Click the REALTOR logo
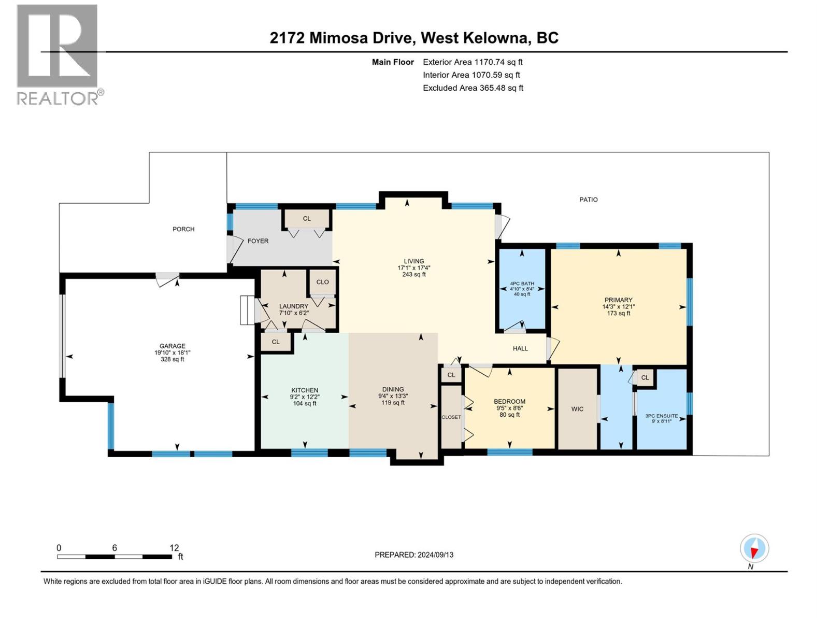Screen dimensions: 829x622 61,55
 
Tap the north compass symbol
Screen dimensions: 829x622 754,548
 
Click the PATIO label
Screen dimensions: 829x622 589,200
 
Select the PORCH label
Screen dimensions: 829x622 183,229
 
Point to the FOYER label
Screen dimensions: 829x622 258,241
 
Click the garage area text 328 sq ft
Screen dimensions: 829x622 172,359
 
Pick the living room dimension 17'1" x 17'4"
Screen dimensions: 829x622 414,268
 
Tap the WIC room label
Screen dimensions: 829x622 577,409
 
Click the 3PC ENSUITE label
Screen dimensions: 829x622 661,416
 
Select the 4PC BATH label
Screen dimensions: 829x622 522,284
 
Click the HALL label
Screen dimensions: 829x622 520,348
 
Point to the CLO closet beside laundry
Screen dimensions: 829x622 322,282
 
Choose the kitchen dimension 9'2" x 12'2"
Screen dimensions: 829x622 305,397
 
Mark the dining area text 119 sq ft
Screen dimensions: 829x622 393,403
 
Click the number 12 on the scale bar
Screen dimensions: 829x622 174,548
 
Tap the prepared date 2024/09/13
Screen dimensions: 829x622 435,555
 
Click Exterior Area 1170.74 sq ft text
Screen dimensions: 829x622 473,62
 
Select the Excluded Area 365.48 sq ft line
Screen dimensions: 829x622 473,88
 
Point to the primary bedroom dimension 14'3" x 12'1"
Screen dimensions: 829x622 618,307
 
